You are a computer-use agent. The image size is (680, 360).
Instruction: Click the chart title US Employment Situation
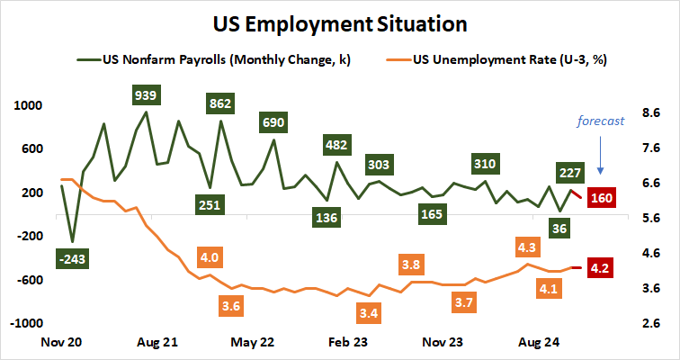pyautogui.click(x=340, y=22)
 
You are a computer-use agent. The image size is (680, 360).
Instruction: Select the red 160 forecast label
pyautogui.click(x=601, y=198)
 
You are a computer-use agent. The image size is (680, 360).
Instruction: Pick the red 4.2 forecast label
pyautogui.click(x=600, y=268)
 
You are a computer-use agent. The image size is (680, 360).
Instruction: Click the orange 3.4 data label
pyautogui.click(x=367, y=313)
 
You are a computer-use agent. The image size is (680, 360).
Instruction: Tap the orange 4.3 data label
pyautogui.click(x=527, y=246)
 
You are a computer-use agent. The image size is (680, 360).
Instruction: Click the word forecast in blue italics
pyautogui.click(x=601, y=121)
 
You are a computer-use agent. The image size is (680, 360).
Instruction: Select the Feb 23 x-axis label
pyautogui.click(x=348, y=342)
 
